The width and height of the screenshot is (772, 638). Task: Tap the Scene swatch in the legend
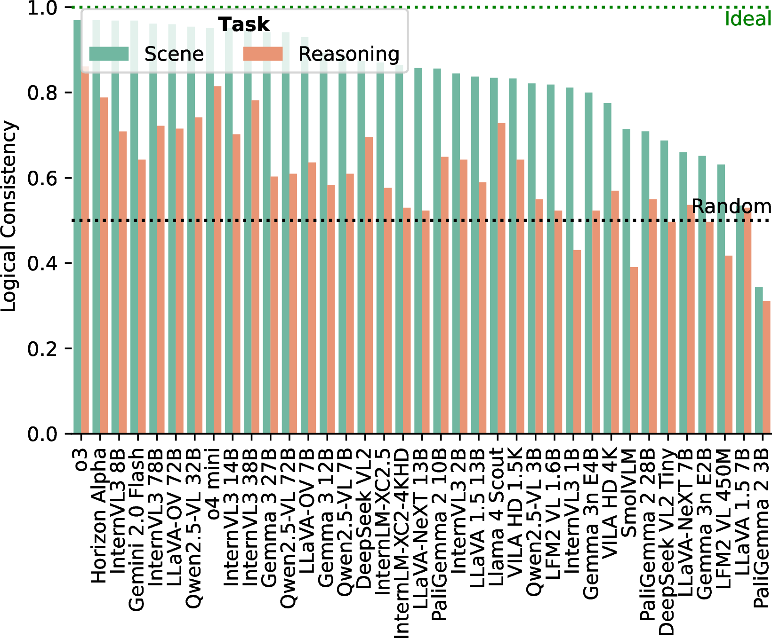pos(109,54)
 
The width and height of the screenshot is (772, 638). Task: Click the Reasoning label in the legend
pos(349,54)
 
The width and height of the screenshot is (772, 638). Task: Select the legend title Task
pos(244,24)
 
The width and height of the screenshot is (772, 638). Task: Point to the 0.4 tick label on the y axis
pos(42,263)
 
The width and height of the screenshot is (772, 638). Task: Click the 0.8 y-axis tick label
pos(42,93)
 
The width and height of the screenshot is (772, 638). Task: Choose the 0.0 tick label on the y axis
pos(42,434)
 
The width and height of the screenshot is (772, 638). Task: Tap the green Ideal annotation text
pos(748,19)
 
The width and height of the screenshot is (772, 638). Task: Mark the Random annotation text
pos(731,206)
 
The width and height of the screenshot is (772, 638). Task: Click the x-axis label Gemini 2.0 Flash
pos(137,529)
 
